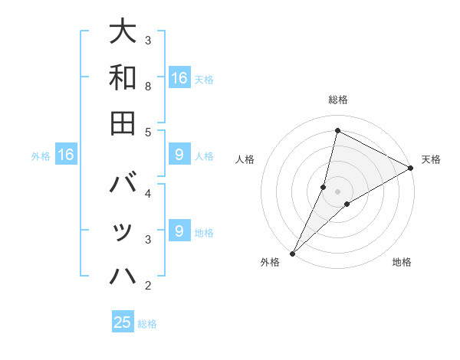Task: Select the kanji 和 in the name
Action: click(123, 77)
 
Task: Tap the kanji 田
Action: click(123, 123)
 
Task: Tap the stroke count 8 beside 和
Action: click(148, 86)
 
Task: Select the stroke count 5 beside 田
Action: click(148, 132)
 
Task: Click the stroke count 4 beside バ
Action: click(148, 193)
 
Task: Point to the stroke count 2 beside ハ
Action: click(148, 286)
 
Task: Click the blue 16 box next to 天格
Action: click(179, 77)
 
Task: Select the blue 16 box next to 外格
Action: click(66, 155)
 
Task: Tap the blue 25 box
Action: click(123, 322)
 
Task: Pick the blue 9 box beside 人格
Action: click(179, 155)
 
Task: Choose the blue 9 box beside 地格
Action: click(179, 231)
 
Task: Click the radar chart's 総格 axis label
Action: click(337, 100)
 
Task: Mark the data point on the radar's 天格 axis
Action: click(410, 168)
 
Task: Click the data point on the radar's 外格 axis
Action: click(292, 253)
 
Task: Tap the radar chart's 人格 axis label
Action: click(245, 159)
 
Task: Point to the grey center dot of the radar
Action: click(337, 191)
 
